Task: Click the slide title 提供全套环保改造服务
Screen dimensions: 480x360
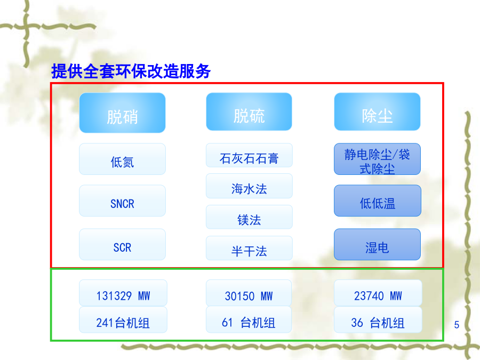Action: point(131,71)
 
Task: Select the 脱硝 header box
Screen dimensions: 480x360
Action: point(123,113)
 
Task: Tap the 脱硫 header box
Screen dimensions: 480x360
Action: point(249,112)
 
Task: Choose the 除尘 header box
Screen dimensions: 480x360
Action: point(377,112)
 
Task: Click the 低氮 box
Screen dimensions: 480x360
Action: point(123,159)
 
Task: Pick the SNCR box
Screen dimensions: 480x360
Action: point(123,201)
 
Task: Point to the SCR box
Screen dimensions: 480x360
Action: point(123,244)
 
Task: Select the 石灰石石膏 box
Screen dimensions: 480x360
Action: point(249,155)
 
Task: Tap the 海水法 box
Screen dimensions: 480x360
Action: point(249,186)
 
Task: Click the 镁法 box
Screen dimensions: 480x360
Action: point(249,217)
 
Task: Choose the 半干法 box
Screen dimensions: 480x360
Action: point(249,248)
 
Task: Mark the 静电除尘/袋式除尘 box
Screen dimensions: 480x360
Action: point(377,159)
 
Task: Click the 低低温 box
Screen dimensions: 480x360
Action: point(378,201)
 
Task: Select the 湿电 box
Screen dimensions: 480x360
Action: point(377,244)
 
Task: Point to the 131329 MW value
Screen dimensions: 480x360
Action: point(123,296)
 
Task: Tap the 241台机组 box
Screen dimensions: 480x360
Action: point(123,319)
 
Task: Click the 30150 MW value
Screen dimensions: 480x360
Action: point(249,296)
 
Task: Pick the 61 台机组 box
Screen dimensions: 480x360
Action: point(249,319)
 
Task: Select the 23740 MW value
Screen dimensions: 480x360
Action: point(378,296)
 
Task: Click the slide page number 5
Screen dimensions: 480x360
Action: point(457,324)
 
